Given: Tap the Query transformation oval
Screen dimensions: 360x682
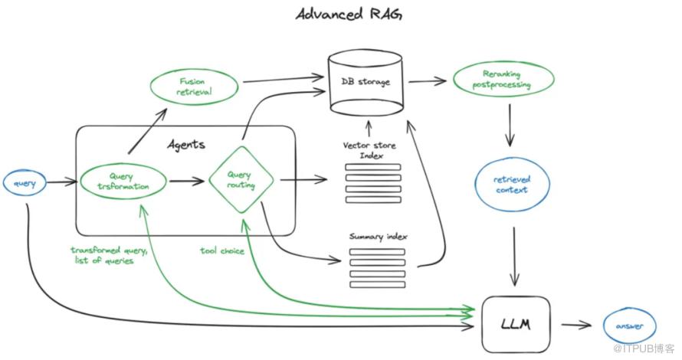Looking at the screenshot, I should pos(126,182).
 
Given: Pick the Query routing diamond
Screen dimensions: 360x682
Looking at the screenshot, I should pos(241,182).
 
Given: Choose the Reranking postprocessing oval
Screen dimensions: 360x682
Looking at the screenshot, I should pos(502,80).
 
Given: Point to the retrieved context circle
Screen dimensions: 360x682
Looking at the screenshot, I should pos(510,185).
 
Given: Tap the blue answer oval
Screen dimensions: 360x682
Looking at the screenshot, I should pos(629,326).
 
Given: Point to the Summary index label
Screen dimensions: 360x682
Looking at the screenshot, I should pos(378,237).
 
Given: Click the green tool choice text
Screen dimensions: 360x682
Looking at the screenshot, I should pos(221,250).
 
